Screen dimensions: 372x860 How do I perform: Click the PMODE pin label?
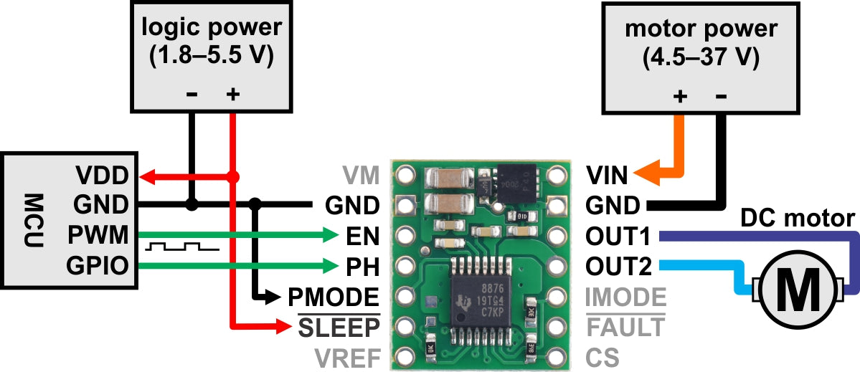point(334,296)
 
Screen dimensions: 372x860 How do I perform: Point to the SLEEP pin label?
point(338,328)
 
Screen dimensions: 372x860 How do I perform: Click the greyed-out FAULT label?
point(625,328)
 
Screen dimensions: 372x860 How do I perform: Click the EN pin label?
point(363,236)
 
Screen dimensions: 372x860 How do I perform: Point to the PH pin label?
point(363,267)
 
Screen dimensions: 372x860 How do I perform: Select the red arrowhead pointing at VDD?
point(146,175)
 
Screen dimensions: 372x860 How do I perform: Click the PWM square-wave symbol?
point(181,247)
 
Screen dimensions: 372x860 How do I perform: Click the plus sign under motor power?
point(680,95)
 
